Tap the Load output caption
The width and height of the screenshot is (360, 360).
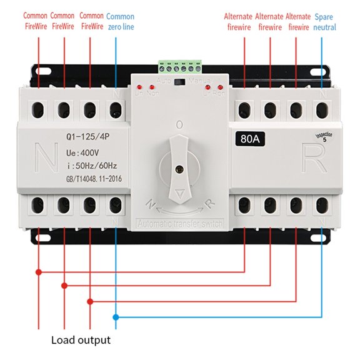[81, 340]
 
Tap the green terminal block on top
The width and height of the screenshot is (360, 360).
[181, 66]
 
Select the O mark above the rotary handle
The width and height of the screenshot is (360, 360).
[179, 125]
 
